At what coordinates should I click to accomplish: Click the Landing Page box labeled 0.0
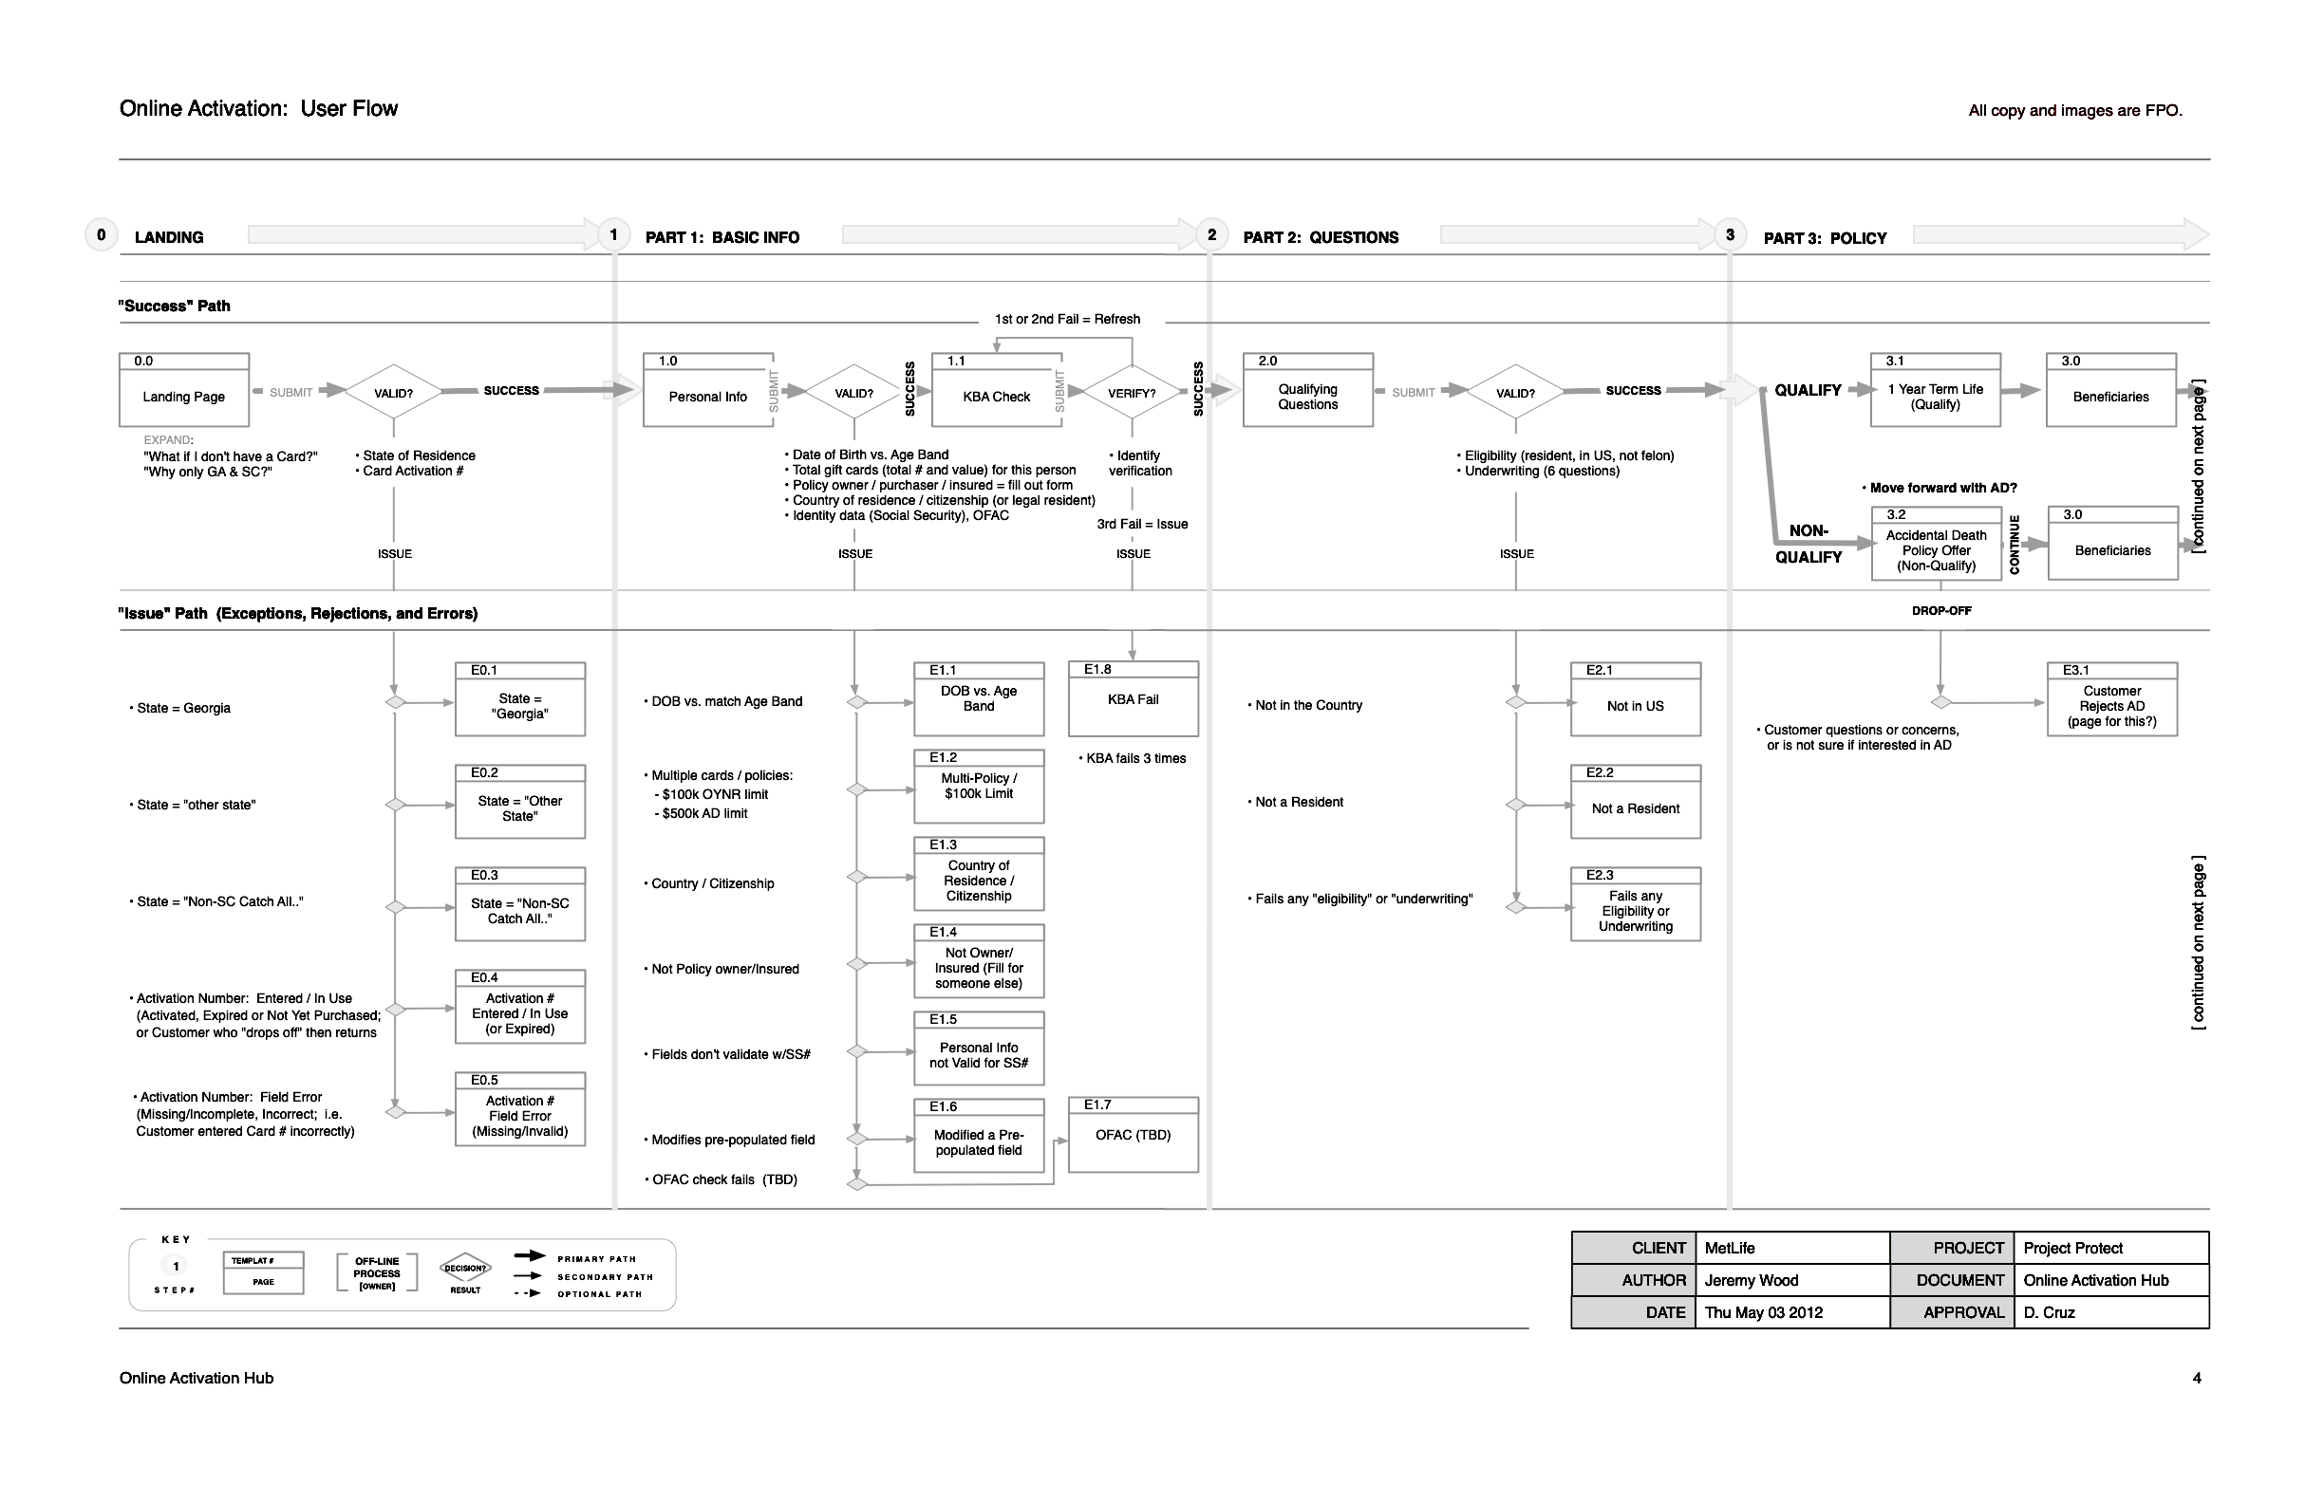[183, 390]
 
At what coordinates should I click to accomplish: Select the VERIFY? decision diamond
[1132, 394]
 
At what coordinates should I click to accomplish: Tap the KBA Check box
[996, 390]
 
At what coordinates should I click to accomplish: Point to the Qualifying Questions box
[1307, 390]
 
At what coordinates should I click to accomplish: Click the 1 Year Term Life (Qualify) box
[1936, 390]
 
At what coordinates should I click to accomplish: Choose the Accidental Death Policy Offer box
[1936, 545]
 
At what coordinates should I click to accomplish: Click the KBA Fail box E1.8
[1133, 698]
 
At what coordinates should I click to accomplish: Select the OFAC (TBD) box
[1133, 1135]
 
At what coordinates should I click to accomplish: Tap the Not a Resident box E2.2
[1636, 802]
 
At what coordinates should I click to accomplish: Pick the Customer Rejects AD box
[2112, 699]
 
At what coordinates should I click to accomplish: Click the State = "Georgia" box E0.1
[519, 699]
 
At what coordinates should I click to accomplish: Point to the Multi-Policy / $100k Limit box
[979, 787]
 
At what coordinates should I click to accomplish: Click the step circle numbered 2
[1210, 235]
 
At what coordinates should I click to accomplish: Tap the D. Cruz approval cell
[2110, 1312]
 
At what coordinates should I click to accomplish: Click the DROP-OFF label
[1941, 611]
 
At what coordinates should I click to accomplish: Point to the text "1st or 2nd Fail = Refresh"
[1067, 319]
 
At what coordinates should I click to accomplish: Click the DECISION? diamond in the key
[466, 1269]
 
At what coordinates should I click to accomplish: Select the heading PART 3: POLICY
[1824, 238]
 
